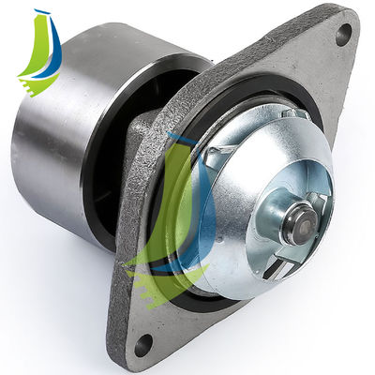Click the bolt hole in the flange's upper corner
point(343,35)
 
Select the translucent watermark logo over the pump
point(178,216)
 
